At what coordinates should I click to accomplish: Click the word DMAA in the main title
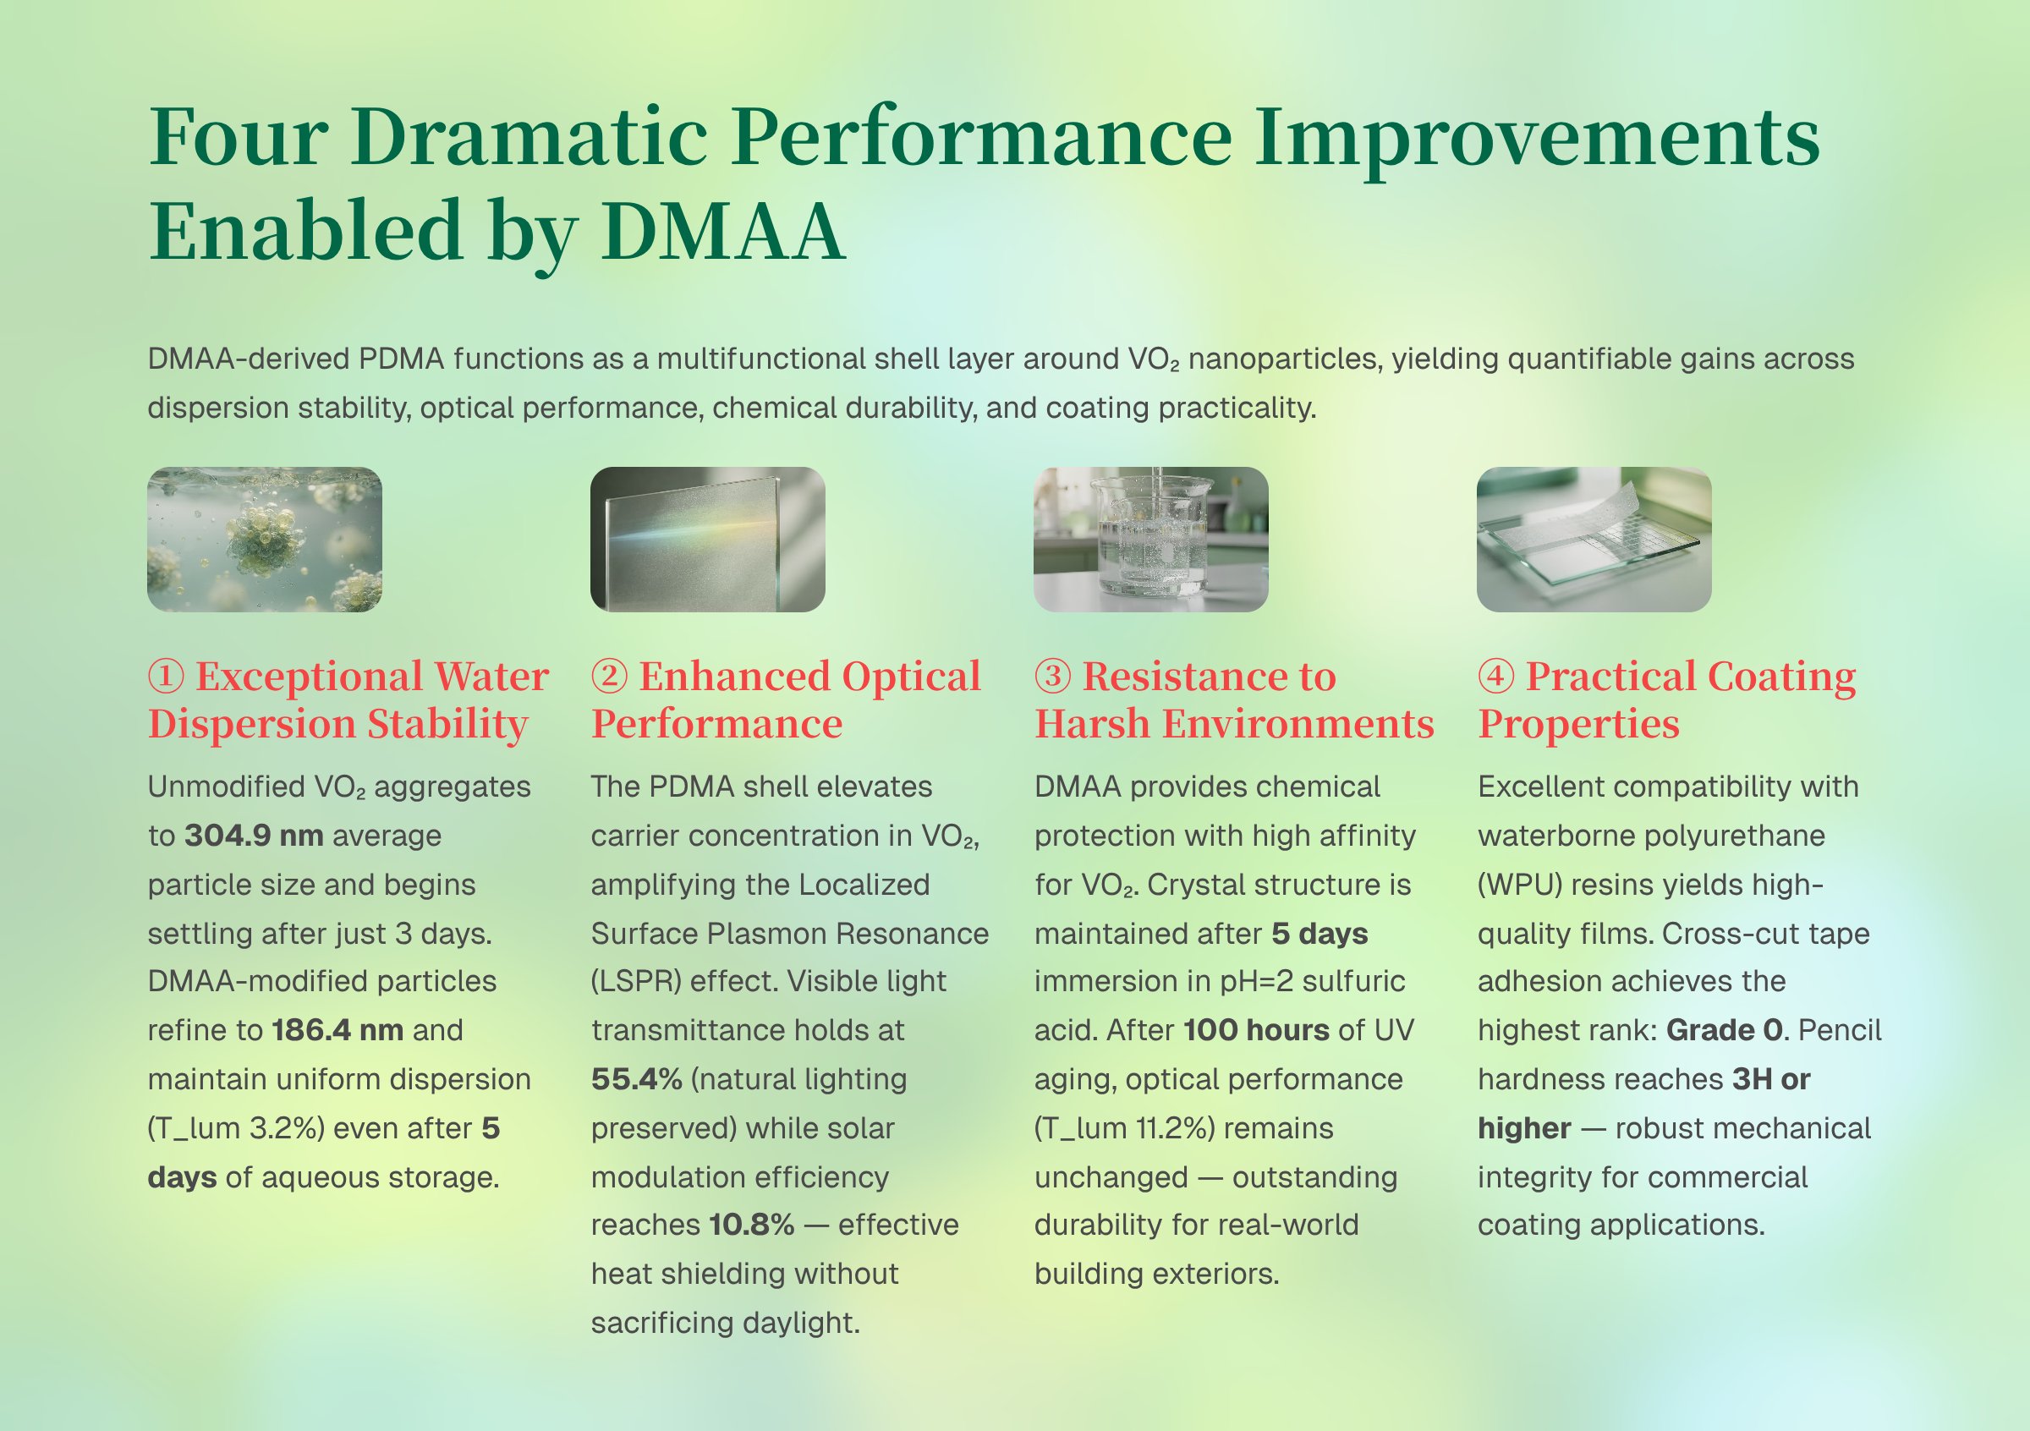[x=722, y=232]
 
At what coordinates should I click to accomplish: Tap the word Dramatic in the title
[x=529, y=137]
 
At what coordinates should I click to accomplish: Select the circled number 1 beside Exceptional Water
[x=167, y=677]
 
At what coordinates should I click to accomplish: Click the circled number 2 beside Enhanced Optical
[x=609, y=677]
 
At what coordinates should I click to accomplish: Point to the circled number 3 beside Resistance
[x=1053, y=677]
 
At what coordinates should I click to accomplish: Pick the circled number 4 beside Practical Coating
[x=1496, y=677]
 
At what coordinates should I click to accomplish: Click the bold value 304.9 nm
[x=254, y=836]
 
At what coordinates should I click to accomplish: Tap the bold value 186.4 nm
[x=337, y=1030]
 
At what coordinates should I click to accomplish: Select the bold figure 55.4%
[x=637, y=1079]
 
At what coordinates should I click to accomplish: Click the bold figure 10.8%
[x=752, y=1225]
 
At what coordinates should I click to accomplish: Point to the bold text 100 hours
[x=1256, y=1030]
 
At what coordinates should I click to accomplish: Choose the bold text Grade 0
[x=1724, y=1030]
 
